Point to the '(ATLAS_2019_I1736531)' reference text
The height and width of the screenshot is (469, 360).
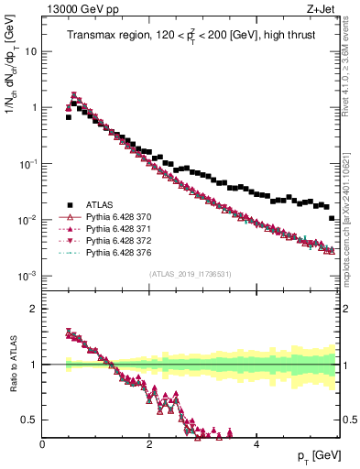coord(191,274)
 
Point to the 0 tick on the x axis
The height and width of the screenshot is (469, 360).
coord(43,444)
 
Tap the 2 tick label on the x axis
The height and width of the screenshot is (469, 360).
coord(149,444)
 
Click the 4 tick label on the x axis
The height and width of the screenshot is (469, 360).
coord(256,444)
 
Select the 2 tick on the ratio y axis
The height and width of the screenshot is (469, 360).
coord(34,309)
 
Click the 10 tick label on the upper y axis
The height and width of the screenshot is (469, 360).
coord(30,51)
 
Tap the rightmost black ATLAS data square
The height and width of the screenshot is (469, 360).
coord(332,218)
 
